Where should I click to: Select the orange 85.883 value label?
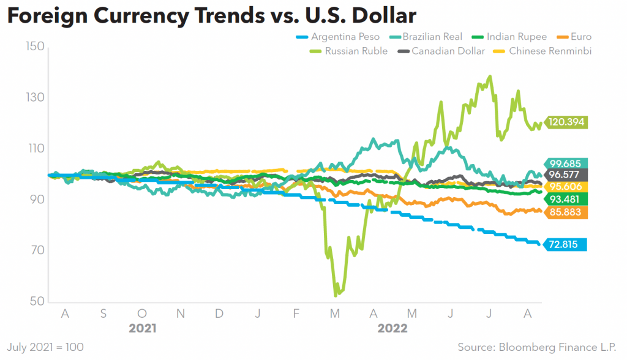(x=566, y=212)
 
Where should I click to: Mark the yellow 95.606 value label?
(x=566, y=187)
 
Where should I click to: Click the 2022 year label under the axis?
(x=392, y=328)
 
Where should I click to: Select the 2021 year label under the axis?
(x=143, y=328)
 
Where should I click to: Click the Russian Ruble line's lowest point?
(x=335, y=296)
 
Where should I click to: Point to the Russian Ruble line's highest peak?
(x=490, y=77)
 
